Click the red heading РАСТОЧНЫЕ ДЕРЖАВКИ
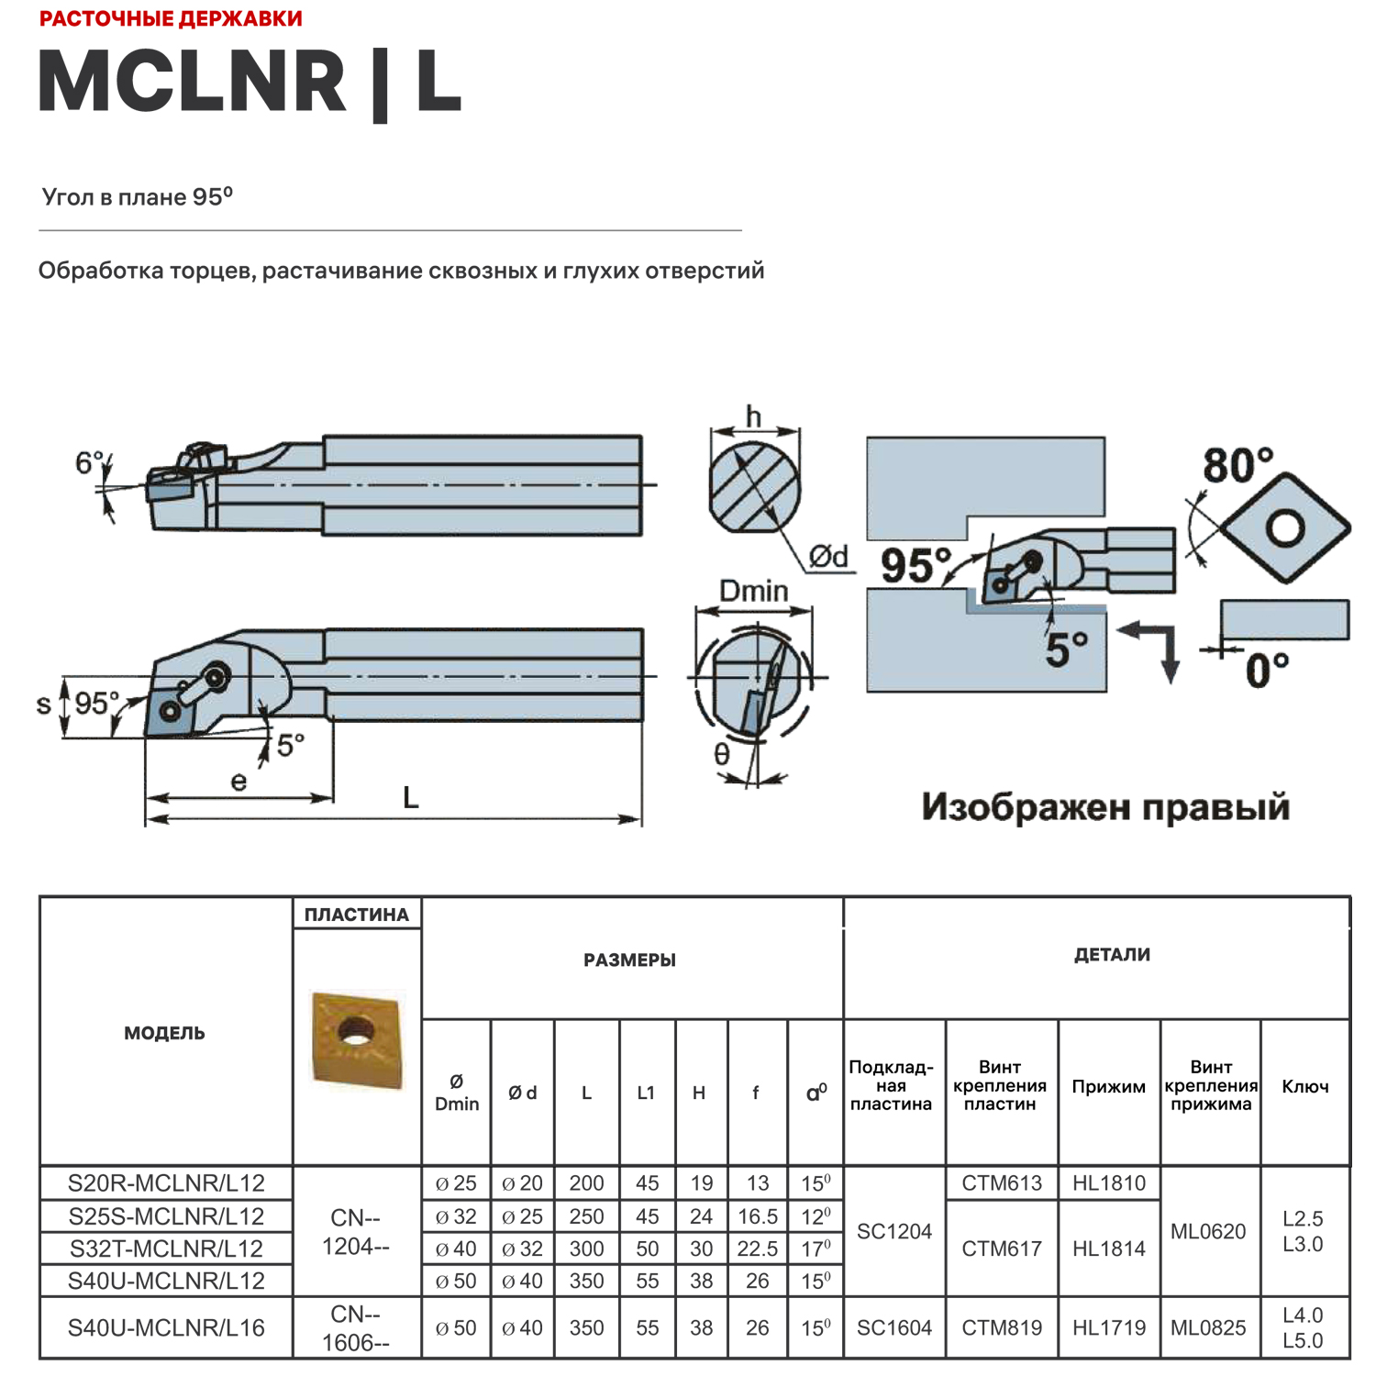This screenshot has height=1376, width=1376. [x=171, y=18]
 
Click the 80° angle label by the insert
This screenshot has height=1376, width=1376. [x=1237, y=465]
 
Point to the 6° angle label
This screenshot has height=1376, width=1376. [x=88, y=462]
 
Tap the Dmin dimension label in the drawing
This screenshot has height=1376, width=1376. [x=753, y=591]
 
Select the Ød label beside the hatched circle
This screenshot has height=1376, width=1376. [x=828, y=556]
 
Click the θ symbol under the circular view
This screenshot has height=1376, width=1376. [x=722, y=754]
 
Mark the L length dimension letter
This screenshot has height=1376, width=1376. [x=411, y=797]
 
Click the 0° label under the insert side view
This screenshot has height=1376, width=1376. [x=1267, y=671]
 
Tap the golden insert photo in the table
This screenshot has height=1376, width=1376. [x=357, y=1039]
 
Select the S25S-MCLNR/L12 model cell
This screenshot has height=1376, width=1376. [x=166, y=1216]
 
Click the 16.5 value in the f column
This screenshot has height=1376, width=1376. [x=757, y=1216]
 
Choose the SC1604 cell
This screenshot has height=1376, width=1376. [x=893, y=1327]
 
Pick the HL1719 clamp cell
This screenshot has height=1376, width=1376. [x=1108, y=1327]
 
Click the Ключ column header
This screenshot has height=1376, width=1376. [x=1304, y=1086]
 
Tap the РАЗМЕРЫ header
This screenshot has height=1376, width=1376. [x=629, y=960]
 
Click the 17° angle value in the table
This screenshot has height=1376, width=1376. [x=815, y=1248]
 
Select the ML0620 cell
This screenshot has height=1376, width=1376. [x=1208, y=1231]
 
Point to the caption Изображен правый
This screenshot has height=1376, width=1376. [x=1105, y=807]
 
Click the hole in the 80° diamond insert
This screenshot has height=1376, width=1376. [x=1285, y=527]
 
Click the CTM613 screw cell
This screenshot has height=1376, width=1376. [x=1001, y=1183]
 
